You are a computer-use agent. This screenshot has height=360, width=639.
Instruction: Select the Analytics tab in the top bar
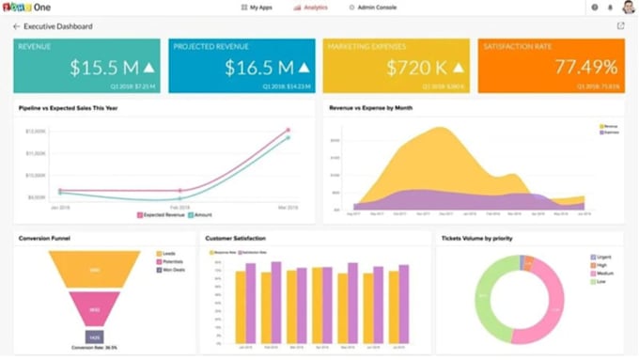point(311,8)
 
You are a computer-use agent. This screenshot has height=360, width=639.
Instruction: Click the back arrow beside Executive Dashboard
point(16,26)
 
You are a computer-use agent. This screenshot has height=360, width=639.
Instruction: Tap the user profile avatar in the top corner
point(628,8)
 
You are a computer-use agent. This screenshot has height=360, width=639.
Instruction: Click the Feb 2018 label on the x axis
point(179,206)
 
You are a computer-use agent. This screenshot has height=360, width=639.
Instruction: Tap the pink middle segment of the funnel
point(95,308)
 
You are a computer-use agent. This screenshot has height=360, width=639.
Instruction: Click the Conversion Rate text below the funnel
point(94,348)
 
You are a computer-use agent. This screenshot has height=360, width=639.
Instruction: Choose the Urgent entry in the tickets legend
point(601,257)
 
